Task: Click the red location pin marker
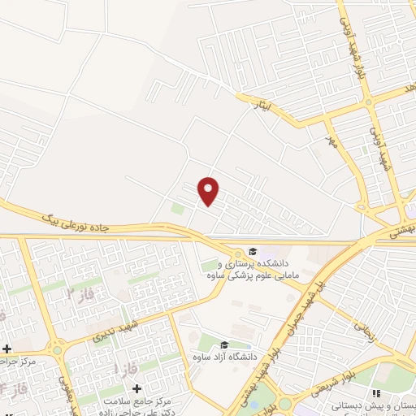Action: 210,190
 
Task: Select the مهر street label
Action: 330,142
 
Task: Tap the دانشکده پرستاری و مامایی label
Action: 253,271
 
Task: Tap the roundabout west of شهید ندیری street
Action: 58,350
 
